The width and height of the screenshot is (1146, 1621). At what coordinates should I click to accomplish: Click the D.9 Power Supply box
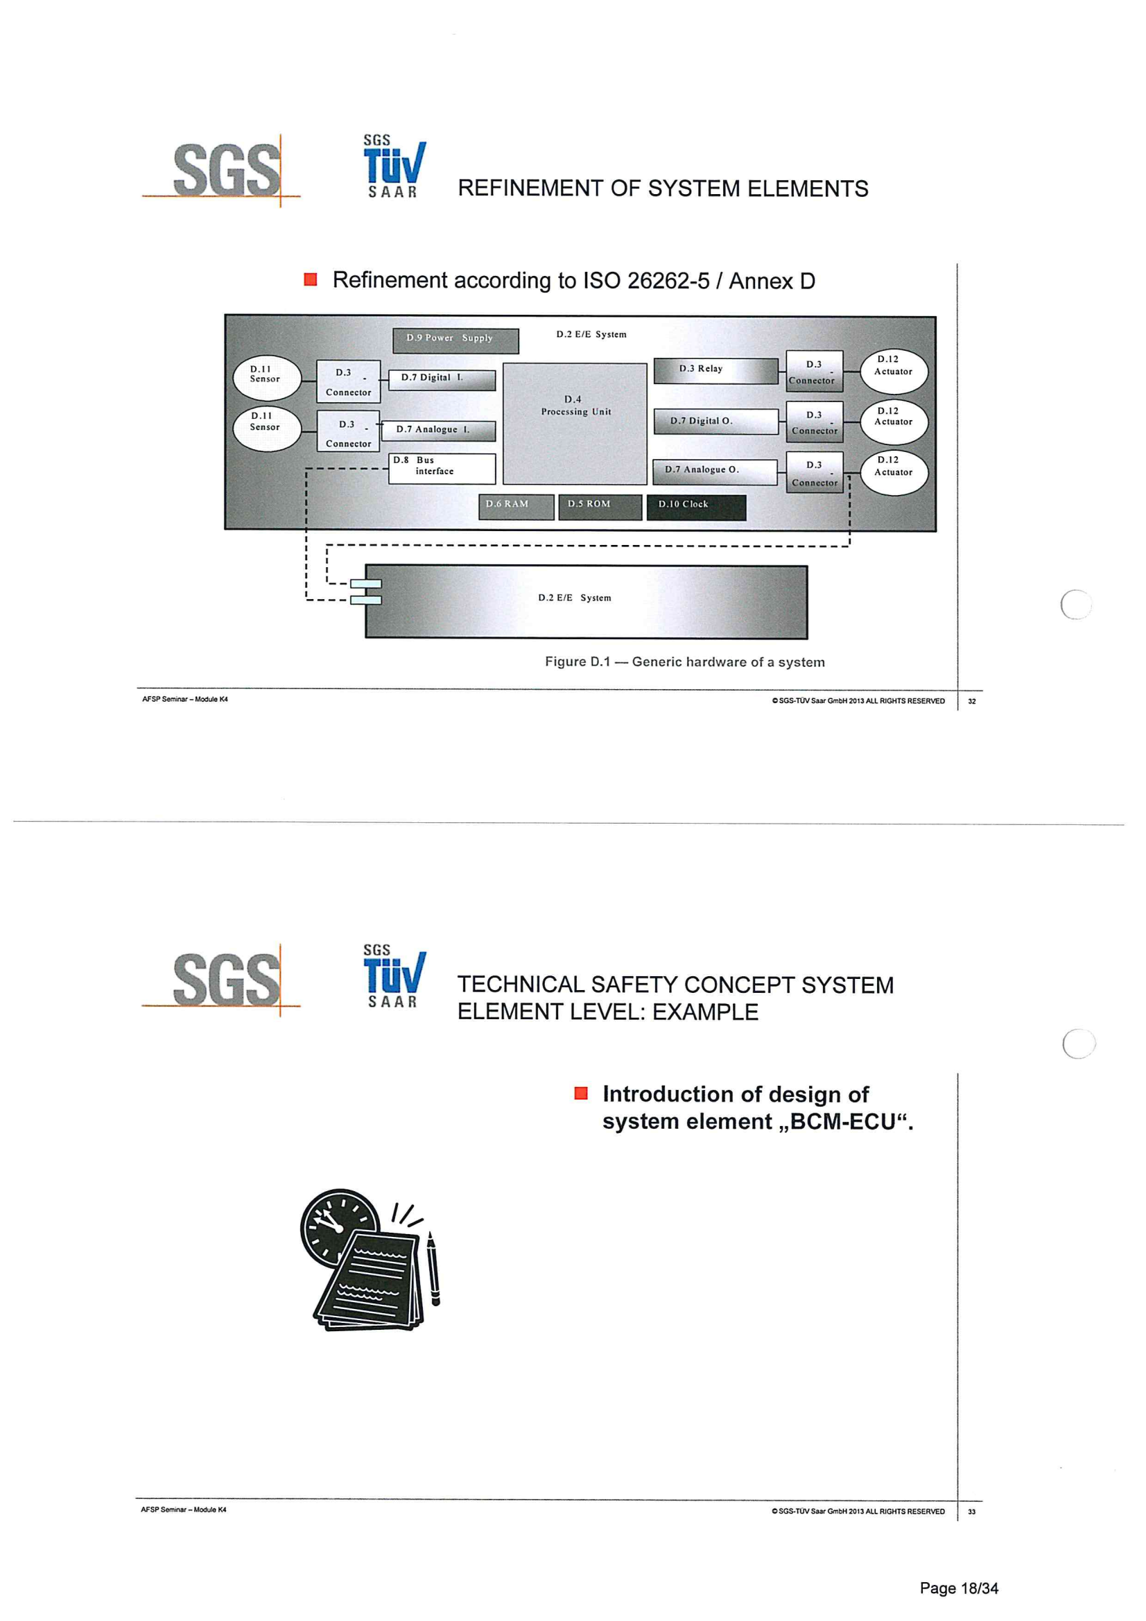[455, 340]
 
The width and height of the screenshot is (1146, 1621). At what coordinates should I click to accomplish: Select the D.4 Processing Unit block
[575, 424]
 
